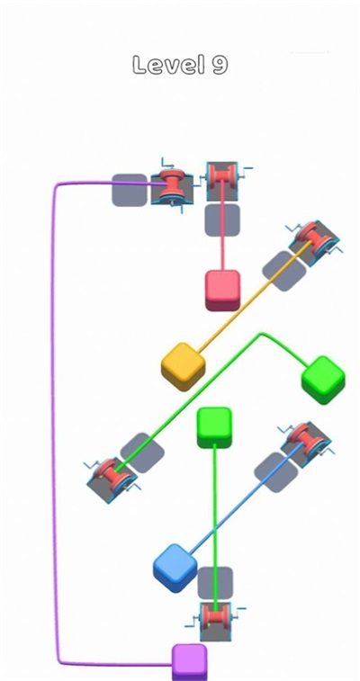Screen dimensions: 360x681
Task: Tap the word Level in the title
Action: click(x=168, y=65)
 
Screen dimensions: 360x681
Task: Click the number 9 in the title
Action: click(x=220, y=65)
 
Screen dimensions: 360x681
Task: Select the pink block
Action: click(x=222, y=290)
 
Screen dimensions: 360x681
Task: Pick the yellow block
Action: click(x=183, y=366)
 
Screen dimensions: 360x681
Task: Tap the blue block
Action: click(x=175, y=568)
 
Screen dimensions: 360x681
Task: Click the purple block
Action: click(x=189, y=662)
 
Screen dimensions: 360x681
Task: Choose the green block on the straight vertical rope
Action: click(x=214, y=427)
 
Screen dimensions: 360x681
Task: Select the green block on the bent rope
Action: click(x=323, y=380)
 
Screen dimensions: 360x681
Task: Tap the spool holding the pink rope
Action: click(x=222, y=181)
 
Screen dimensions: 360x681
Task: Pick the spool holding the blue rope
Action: click(x=306, y=444)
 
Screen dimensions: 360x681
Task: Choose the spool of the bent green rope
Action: click(x=112, y=479)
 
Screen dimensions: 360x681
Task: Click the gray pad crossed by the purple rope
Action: click(x=130, y=190)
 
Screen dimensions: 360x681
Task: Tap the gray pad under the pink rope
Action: click(x=222, y=220)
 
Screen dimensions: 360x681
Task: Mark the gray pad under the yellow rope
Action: click(x=284, y=271)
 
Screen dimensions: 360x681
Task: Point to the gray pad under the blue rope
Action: click(x=276, y=472)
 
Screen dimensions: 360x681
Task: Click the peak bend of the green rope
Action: click(x=261, y=334)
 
